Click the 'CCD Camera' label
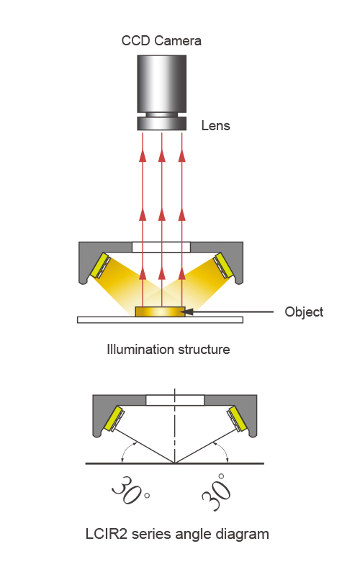161,40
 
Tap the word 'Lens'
215,125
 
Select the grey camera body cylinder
161,84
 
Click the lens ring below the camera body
161,123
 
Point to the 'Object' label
304,312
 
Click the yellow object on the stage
160,312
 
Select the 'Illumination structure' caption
168,349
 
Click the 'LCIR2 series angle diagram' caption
177,534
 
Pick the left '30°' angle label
130,491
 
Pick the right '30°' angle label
217,492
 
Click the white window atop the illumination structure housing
161,247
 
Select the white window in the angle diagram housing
175,400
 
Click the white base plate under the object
160,319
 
